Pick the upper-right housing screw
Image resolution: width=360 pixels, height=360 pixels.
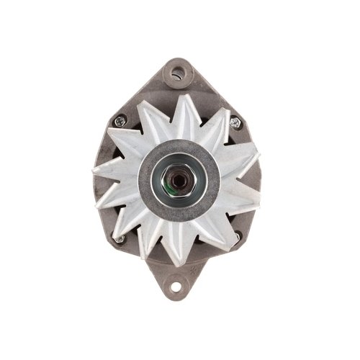[236, 122]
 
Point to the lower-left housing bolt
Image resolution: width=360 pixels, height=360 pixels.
[120, 238]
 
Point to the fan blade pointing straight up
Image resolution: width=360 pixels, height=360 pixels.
[183, 101]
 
